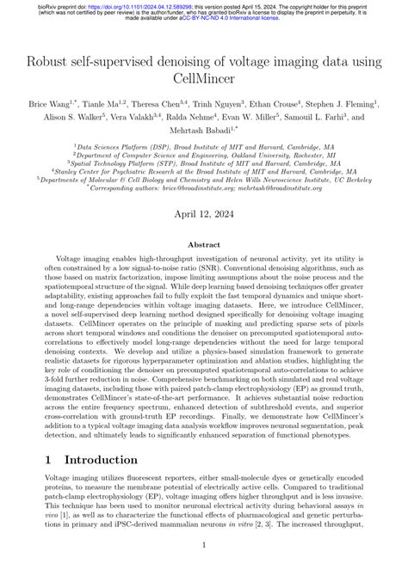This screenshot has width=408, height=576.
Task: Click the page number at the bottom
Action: [x=204, y=544]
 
